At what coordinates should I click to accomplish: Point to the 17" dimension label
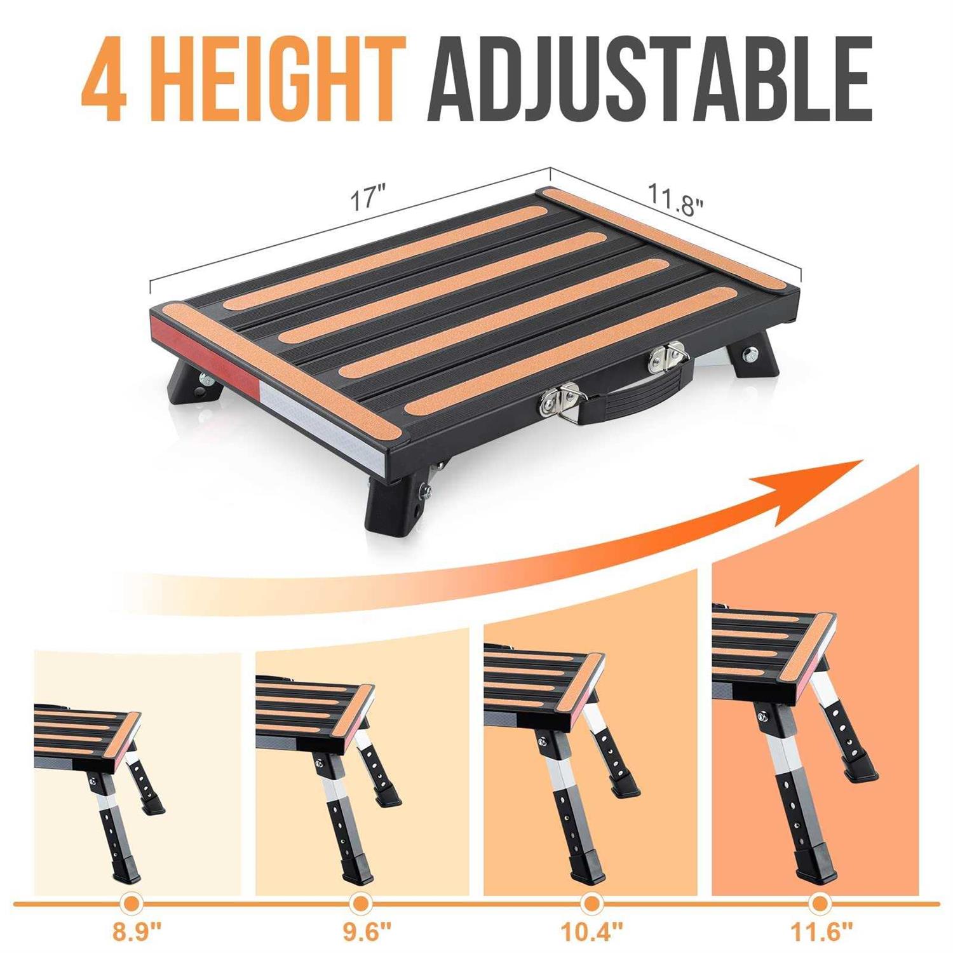(367, 199)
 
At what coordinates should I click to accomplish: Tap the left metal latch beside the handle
(558, 400)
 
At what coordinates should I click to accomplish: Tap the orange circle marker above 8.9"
(132, 903)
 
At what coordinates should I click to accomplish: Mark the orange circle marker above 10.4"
(591, 903)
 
